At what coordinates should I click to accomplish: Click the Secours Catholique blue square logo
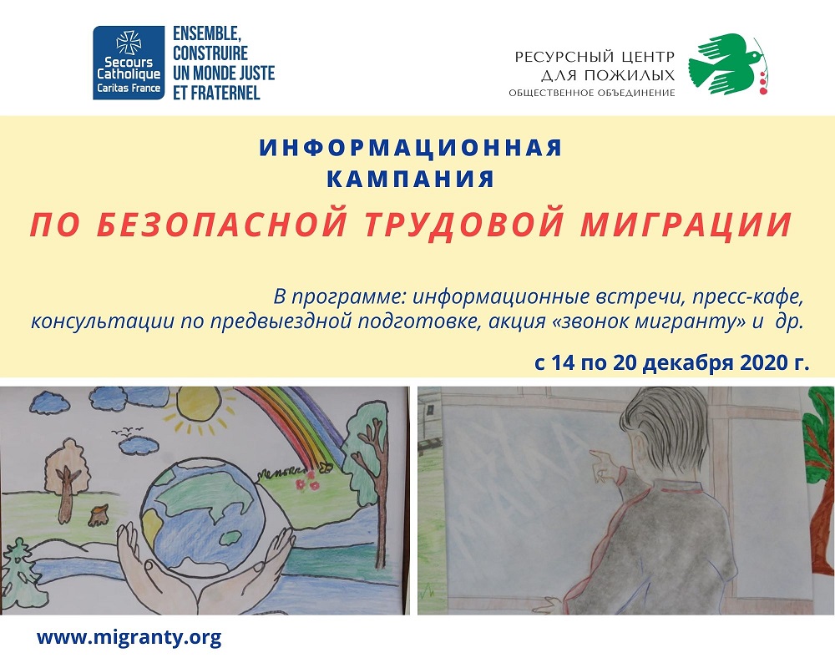129,63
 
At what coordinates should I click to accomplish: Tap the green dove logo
722,63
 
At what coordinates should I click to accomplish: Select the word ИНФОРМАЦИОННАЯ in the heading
411,148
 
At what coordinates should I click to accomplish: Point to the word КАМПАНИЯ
411,179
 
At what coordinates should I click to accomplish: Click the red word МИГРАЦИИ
686,225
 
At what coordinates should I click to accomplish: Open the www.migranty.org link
129,637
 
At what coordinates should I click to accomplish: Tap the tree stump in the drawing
99,516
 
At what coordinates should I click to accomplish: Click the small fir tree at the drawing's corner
20,574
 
